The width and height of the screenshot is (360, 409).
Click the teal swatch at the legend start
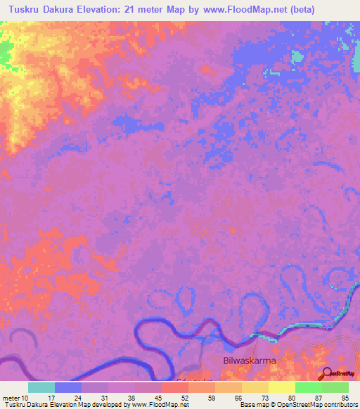click(41, 387)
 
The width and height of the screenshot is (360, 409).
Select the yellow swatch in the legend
click(282, 387)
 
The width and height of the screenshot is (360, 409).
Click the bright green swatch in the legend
click(309, 387)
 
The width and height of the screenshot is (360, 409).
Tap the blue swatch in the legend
click(68, 387)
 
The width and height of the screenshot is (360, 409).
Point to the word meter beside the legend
click(12, 398)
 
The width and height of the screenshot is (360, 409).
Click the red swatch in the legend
click(175, 387)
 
